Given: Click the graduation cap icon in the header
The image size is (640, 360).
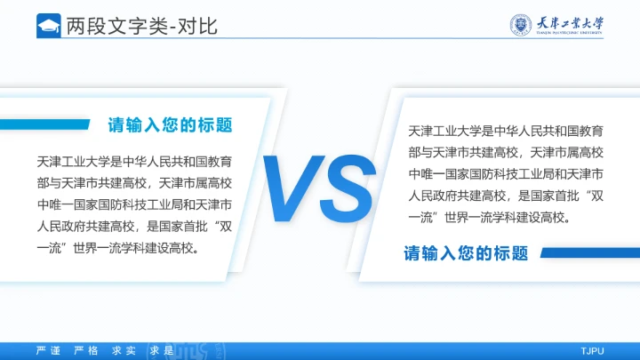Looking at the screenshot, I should [x=48, y=26].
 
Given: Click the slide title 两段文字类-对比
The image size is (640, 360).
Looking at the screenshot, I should [x=141, y=26].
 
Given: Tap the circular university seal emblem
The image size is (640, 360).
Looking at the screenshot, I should [x=523, y=25].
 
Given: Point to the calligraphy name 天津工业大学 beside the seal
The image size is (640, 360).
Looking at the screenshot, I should [x=571, y=22].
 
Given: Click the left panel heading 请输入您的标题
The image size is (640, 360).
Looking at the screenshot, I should [x=170, y=124].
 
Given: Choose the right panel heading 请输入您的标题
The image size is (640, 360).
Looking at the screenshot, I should [x=467, y=253].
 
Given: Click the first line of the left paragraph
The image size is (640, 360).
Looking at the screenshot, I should [x=135, y=162].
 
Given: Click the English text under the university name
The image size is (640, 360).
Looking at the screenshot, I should [x=571, y=35].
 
